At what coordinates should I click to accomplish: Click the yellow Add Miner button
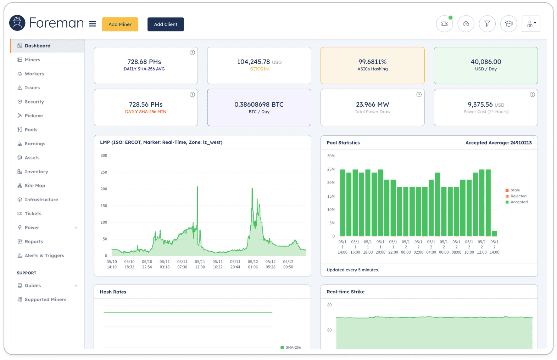(x=120, y=24)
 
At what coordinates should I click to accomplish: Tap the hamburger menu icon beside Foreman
(x=93, y=24)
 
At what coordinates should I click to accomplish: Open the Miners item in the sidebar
(x=32, y=60)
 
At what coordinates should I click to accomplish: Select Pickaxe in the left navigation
(x=34, y=116)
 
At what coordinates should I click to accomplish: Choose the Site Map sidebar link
(x=35, y=186)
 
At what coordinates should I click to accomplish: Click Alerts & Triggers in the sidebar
(x=44, y=255)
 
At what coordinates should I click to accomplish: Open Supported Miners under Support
(x=45, y=299)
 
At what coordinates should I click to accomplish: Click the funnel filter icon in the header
(x=487, y=24)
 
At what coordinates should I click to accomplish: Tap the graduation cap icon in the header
(x=508, y=24)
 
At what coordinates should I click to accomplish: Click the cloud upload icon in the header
(x=466, y=24)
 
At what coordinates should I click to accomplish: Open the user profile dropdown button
(x=531, y=24)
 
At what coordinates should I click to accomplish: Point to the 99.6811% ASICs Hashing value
(x=373, y=62)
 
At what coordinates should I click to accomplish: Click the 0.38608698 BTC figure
(x=259, y=104)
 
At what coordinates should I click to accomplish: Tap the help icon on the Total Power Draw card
(x=419, y=94)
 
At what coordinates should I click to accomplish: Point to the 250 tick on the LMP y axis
(x=104, y=172)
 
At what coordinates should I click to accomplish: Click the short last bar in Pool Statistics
(x=494, y=234)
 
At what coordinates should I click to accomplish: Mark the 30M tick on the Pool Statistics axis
(x=331, y=156)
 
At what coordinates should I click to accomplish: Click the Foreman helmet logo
(x=17, y=23)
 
